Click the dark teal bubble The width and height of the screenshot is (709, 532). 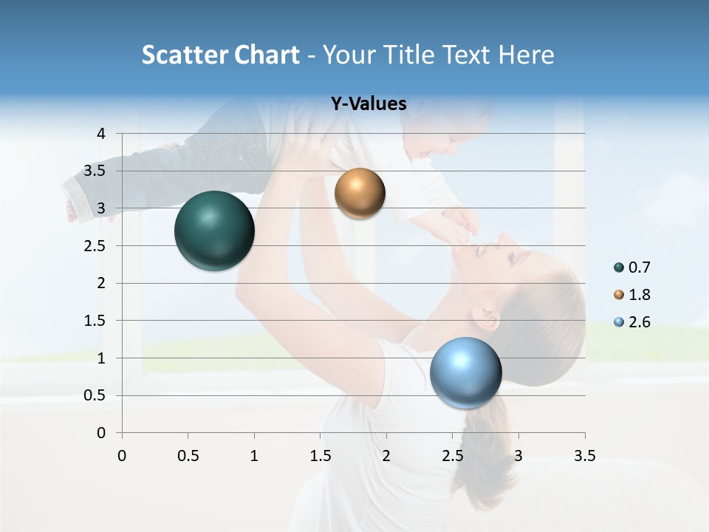pos(214,231)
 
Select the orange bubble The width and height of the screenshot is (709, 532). pos(360,194)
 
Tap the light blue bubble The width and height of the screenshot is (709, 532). pos(465,372)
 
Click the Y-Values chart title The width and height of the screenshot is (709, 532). pos(369,104)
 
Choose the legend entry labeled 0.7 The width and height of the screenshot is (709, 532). pos(631,267)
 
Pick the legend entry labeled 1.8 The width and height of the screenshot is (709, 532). pos(631,295)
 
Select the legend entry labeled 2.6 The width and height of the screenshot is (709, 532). pos(631,322)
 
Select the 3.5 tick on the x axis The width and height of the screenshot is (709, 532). pos(584,456)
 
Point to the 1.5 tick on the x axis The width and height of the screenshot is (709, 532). pos(320,456)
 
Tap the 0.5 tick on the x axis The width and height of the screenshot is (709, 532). pos(188,456)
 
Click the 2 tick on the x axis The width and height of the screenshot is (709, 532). pos(386,456)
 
